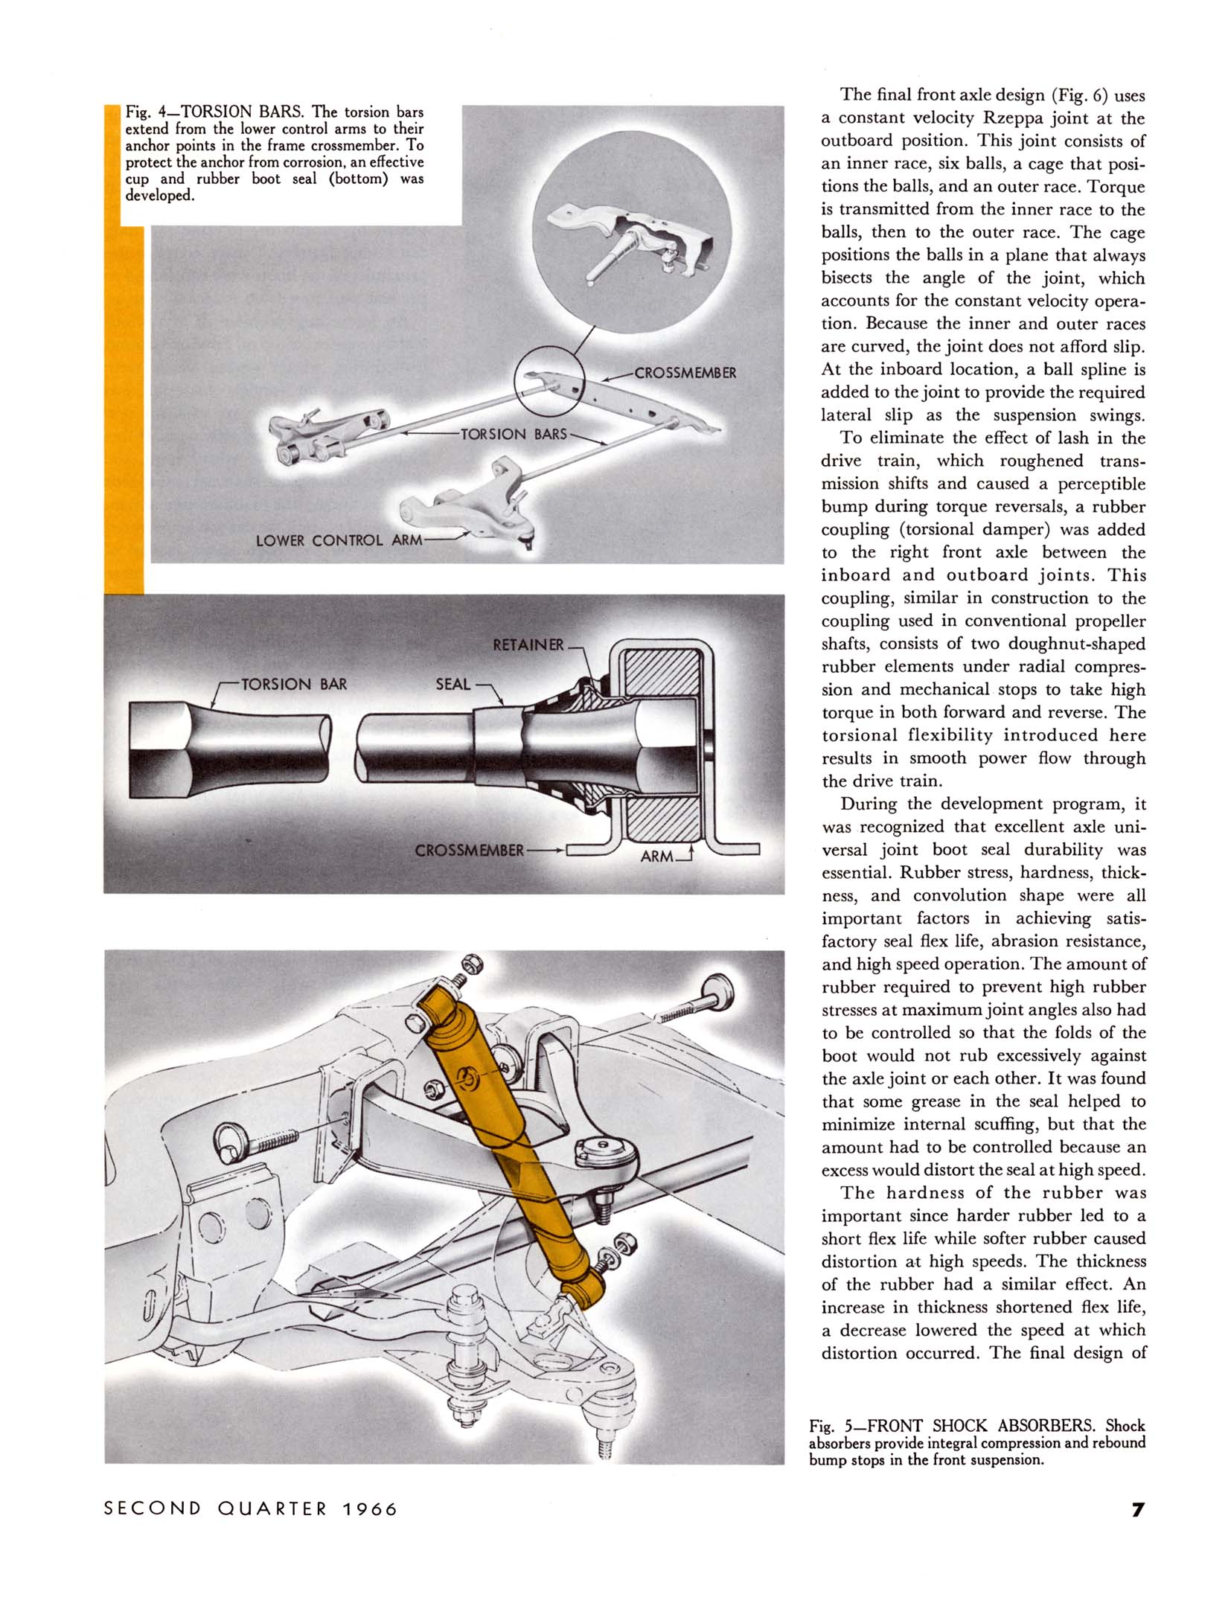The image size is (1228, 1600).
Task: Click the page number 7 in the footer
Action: [x=1138, y=1509]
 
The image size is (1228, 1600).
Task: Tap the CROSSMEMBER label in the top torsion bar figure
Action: [x=685, y=373]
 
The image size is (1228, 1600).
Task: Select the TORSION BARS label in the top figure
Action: [x=514, y=434]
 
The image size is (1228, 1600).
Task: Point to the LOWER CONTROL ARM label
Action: [x=339, y=540]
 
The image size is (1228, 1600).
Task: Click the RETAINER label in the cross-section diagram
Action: [x=528, y=644]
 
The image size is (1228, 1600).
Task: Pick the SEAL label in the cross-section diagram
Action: [x=453, y=684]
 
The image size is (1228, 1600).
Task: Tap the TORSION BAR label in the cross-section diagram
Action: [x=294, y=684]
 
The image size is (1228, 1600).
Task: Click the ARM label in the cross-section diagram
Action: [x=656, y=856]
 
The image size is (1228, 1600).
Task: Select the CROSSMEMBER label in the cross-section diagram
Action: [x=469, y=850]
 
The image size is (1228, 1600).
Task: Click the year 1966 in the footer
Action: [x=371, y=1509]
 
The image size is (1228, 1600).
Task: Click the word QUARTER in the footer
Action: [x=272, y=1509]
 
